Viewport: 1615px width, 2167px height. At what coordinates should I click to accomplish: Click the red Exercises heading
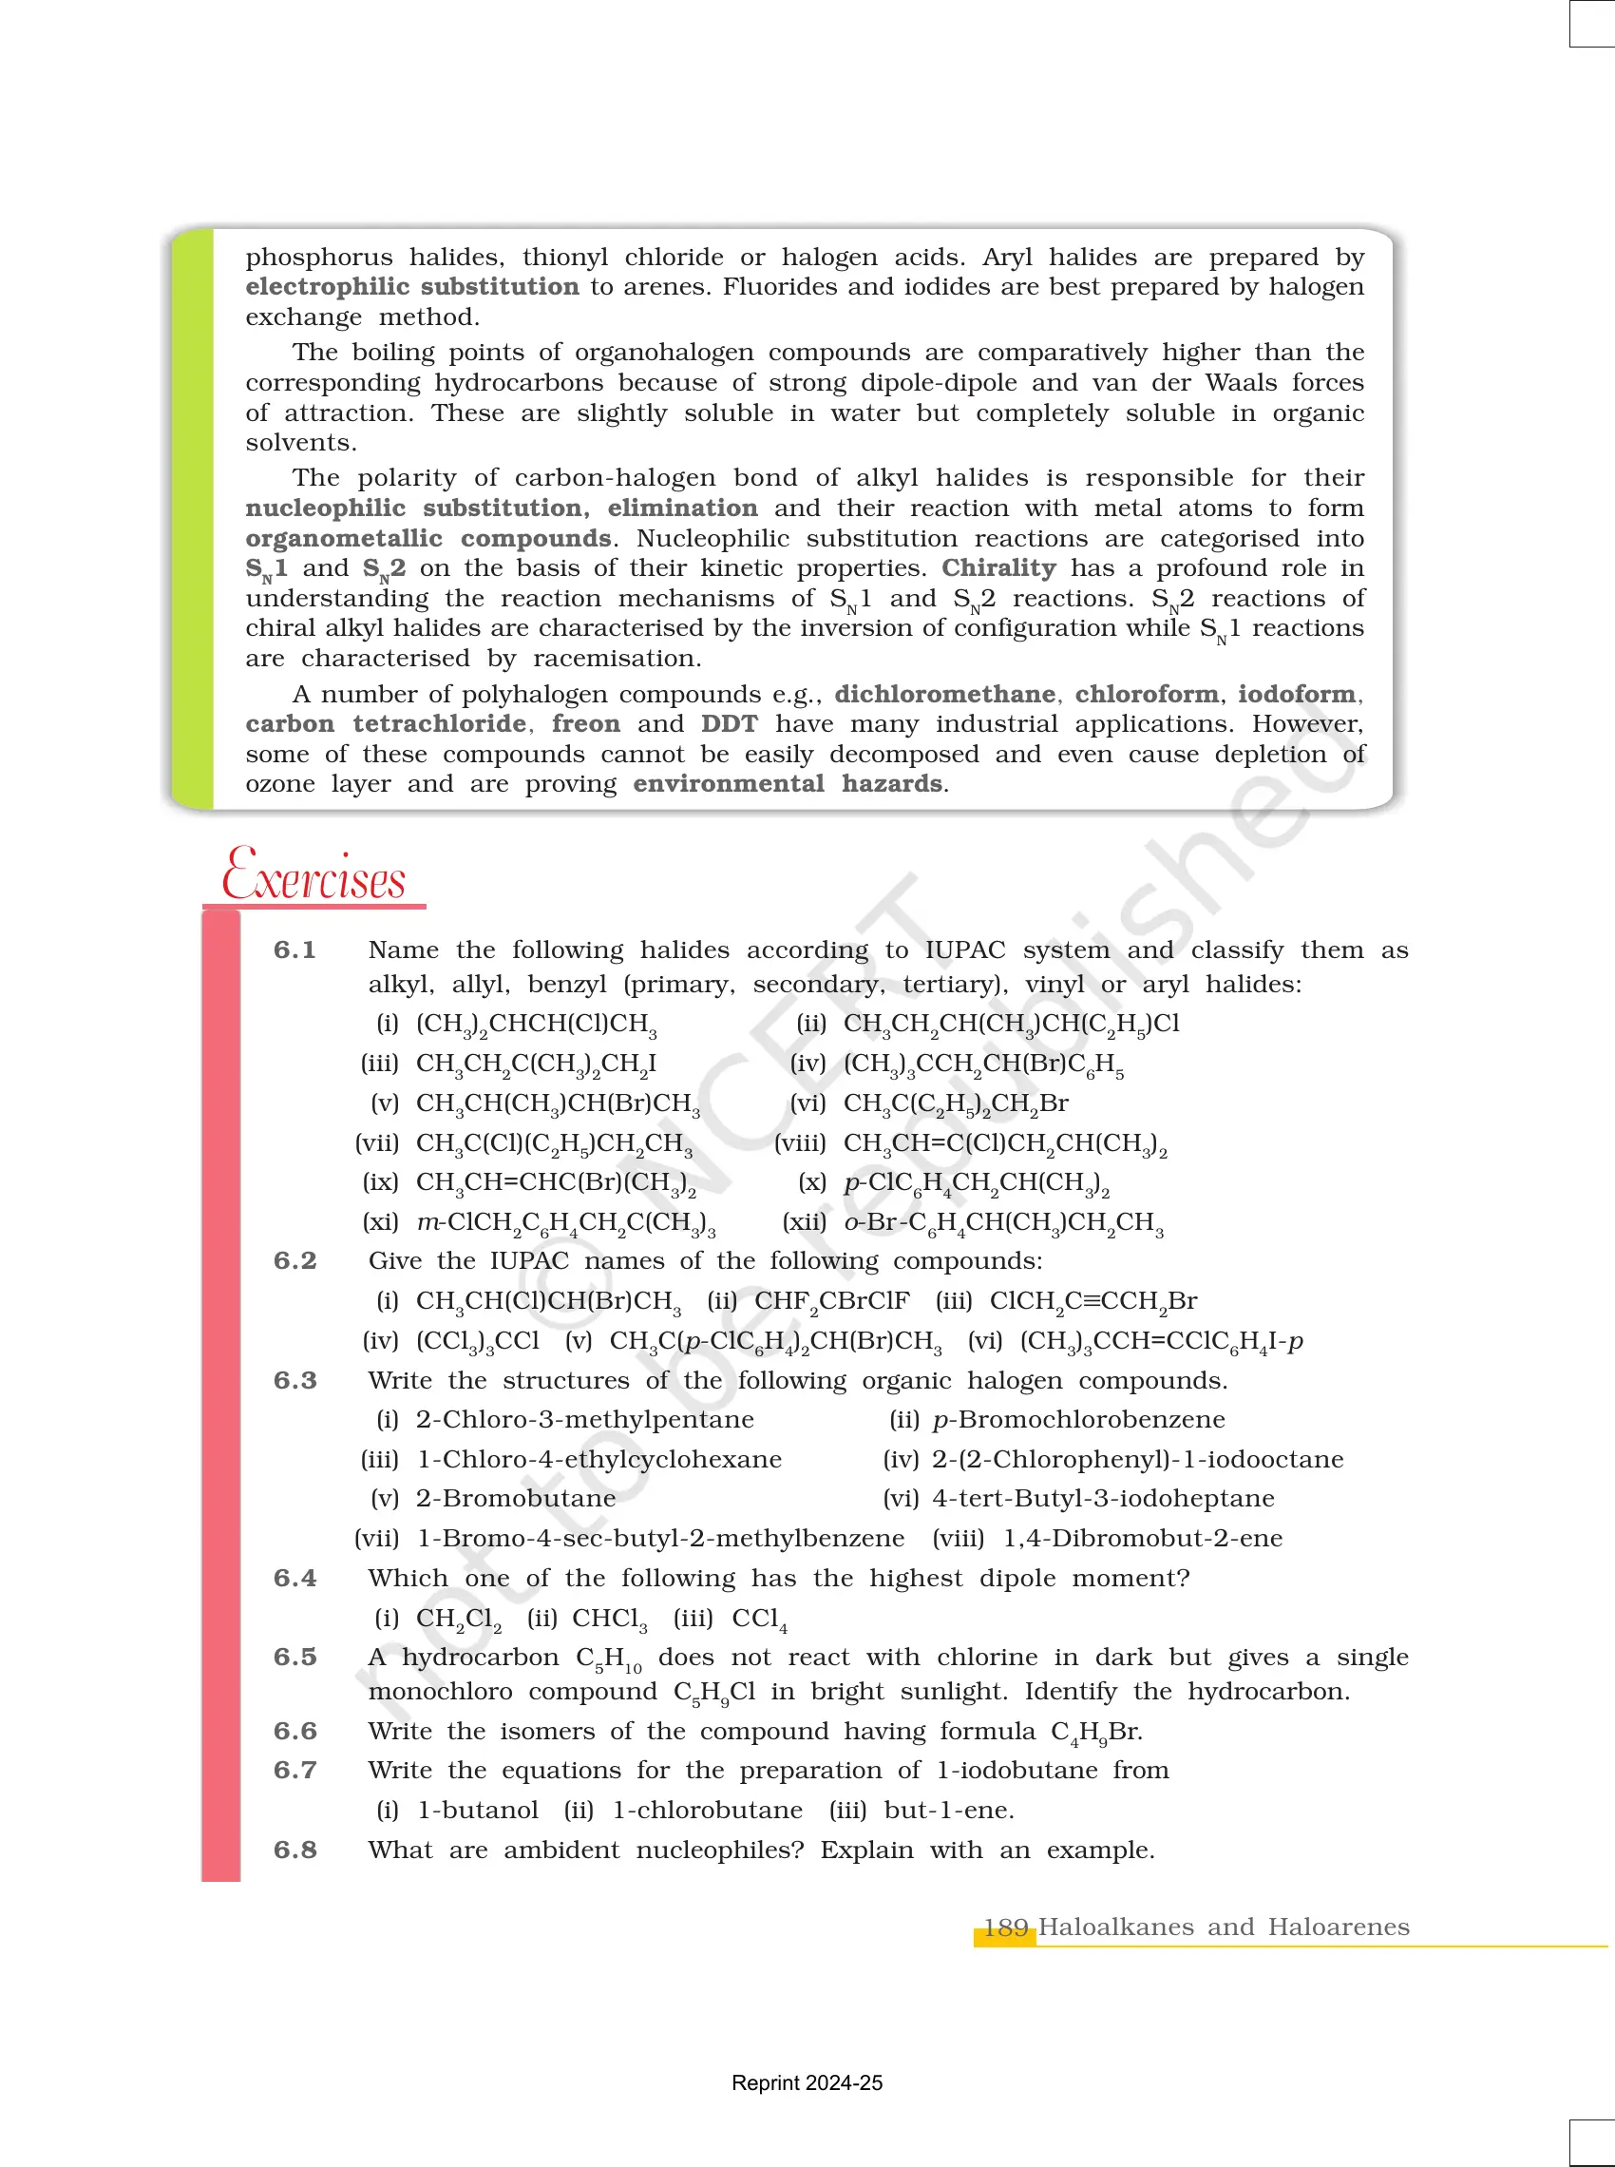(313, 875)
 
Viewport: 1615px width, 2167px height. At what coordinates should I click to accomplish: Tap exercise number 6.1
(294, 949)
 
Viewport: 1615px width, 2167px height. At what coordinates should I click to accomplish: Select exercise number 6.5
(294, 1657)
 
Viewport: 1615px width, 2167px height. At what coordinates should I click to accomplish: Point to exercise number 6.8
(294, 1850)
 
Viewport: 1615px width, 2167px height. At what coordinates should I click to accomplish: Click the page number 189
(1005, 1927)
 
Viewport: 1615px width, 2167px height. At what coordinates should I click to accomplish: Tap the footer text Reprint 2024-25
(807, 2083)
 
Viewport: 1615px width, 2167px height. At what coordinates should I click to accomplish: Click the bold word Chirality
(998, 568)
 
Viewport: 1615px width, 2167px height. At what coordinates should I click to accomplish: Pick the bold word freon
(585, 723)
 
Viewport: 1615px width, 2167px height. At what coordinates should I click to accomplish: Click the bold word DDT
(729, 723)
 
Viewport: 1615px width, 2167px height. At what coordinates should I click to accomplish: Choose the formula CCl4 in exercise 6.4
(759, 1620)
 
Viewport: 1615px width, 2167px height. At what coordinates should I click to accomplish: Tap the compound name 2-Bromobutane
(515, 1498)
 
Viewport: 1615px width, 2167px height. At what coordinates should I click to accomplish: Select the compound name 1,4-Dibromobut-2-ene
(1143, 1538)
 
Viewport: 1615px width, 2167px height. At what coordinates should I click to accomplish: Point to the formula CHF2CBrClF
(831, 1301)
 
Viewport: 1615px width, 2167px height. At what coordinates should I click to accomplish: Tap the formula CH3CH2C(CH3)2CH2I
(536, 1064)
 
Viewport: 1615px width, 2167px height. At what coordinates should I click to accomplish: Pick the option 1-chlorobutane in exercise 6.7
(707, 1810)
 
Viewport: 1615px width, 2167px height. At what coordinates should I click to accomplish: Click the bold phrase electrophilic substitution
(411, 286)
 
